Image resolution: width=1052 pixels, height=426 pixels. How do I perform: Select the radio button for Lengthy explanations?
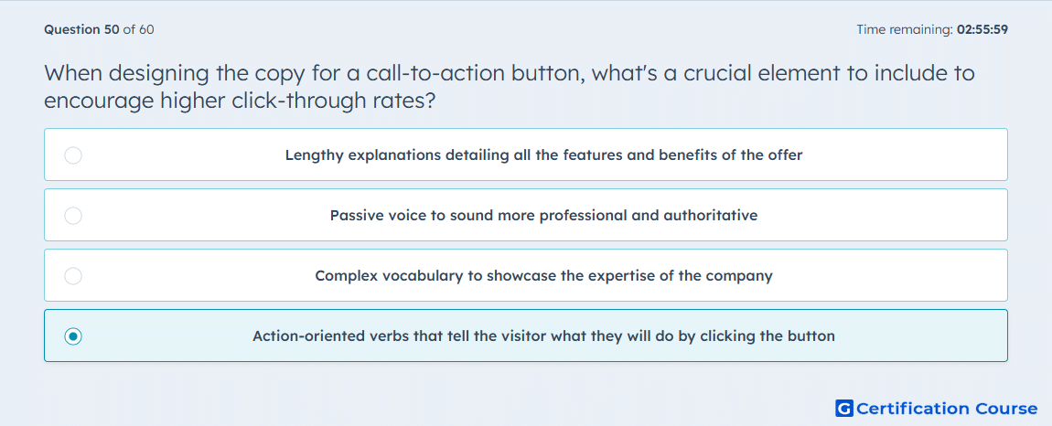73,155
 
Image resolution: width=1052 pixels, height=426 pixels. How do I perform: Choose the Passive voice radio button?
73,216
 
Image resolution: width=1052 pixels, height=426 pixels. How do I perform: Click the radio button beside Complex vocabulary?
73,276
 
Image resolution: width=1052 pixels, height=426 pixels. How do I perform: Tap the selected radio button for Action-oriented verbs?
73,336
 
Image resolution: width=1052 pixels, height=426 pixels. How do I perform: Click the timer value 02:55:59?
982,29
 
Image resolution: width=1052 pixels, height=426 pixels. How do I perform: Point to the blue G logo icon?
844,408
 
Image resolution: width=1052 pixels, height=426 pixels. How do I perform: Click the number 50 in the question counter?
113,29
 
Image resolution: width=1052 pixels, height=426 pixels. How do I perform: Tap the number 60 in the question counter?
146,29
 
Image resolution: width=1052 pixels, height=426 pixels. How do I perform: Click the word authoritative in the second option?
711,216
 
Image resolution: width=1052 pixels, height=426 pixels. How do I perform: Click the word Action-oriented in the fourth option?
309,336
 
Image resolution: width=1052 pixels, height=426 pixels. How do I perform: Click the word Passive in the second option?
354,216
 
